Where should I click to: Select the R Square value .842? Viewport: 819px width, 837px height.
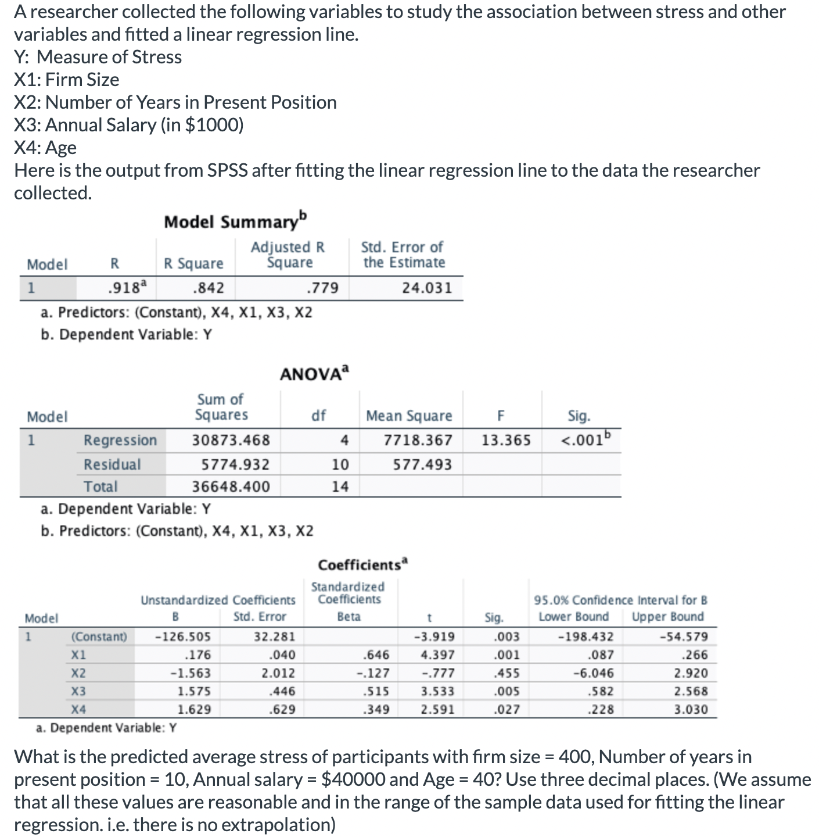(208, 288)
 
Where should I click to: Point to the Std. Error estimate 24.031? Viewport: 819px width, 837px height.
(427, 288)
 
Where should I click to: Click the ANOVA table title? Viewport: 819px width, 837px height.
(315, 373)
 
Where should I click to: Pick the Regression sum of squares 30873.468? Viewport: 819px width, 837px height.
(231, 440)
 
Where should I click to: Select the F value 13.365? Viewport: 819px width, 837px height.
(506, 440)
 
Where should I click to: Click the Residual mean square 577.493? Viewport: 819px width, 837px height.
(422, 464)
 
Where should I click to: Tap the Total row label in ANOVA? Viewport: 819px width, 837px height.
(100, 487)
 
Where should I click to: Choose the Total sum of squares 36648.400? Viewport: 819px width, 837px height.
(231, 487)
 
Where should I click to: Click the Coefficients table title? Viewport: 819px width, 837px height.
(363, 565)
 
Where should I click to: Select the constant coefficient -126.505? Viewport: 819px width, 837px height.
(183, 636)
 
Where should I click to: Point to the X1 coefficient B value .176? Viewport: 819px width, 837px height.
(197, 655)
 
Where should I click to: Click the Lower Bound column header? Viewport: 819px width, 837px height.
(573, 617)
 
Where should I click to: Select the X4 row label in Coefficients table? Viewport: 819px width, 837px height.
(78, 709)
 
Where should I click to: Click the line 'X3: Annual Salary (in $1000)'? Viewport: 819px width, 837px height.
(129, 125)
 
